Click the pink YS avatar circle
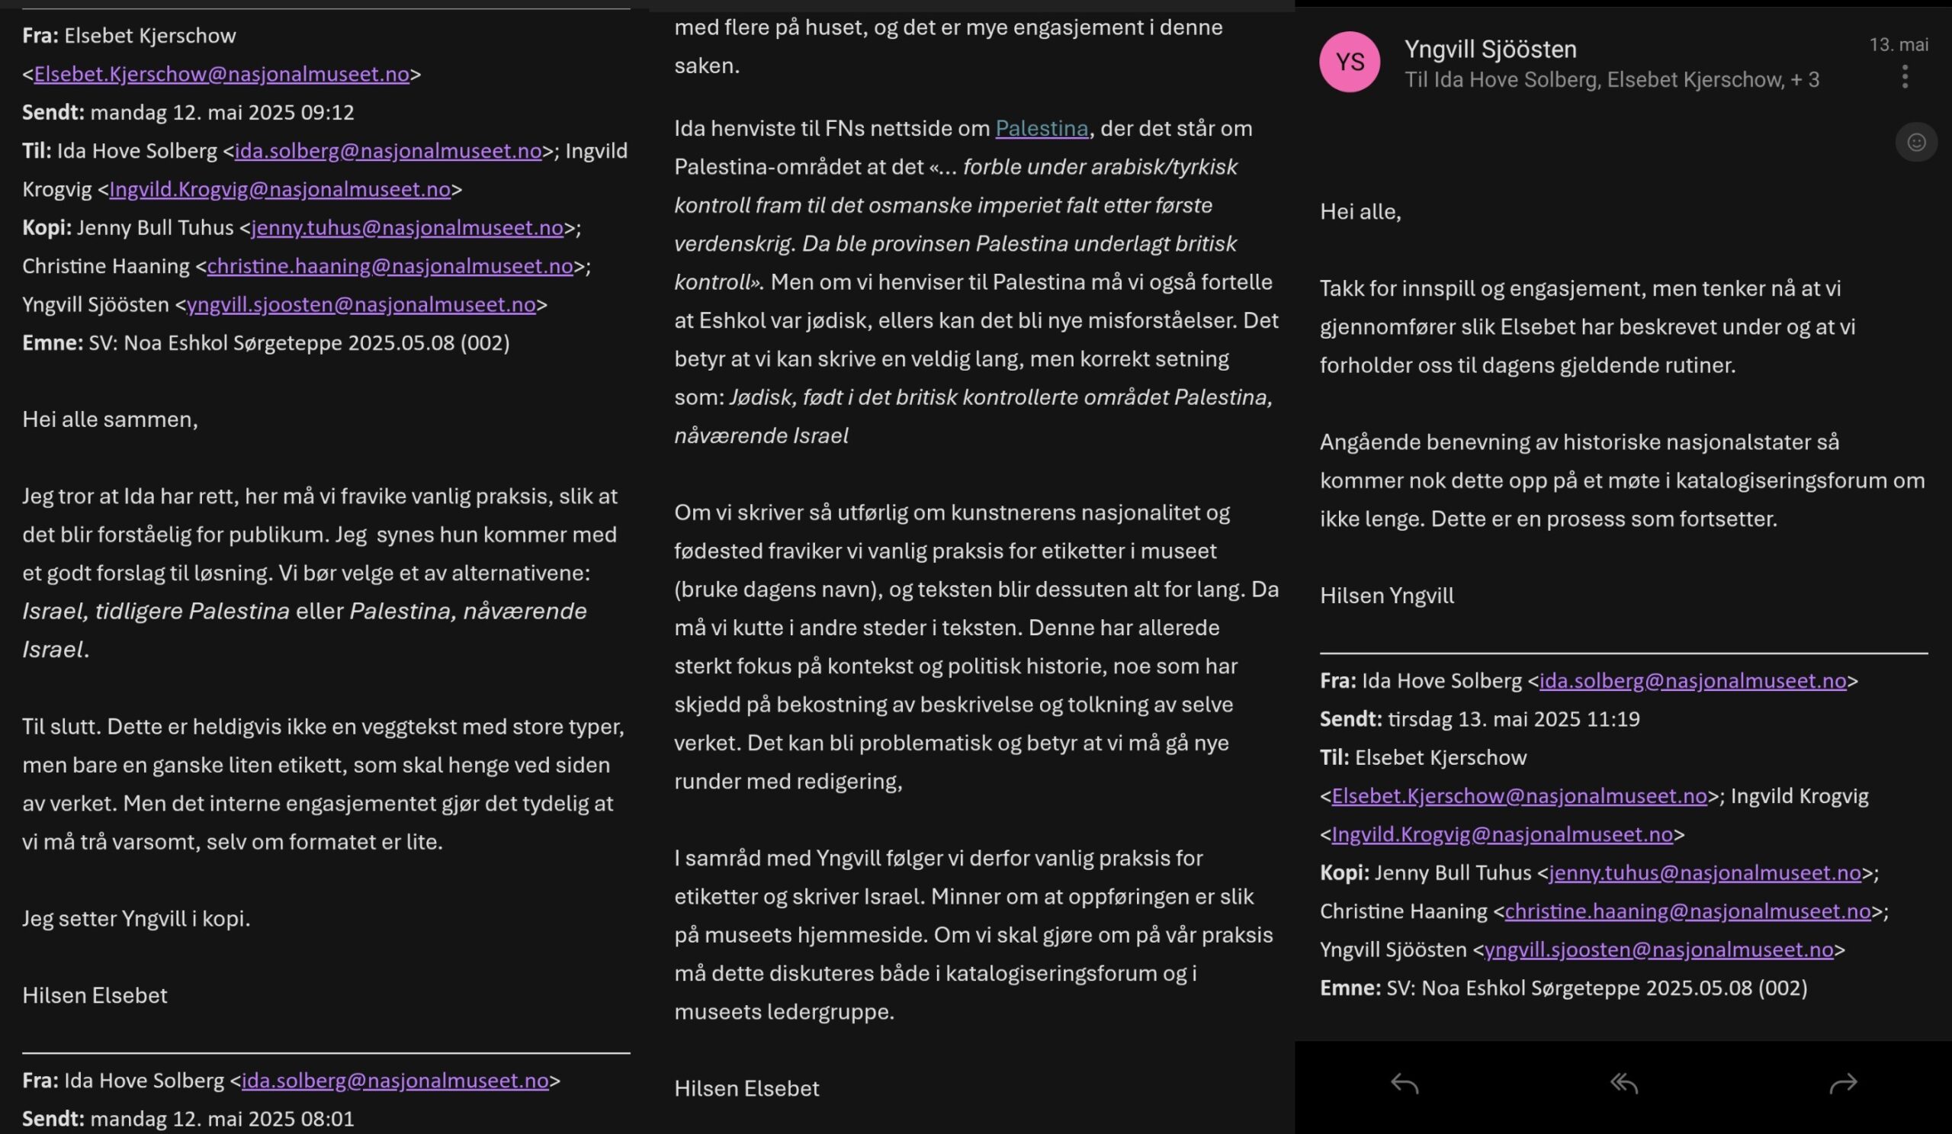pyautogui.click(x=1350, y=62)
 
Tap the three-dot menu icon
pyautogui.click(x=1905, y=77)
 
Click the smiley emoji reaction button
pyautogui.click(x=1915, y=143)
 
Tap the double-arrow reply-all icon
pyautogui.click(x=1623, y=1084)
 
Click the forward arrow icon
pyautogui.click(x=1843, y=1084)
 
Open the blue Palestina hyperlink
pyautogui.click(x=1041, y=129)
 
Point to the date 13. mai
pyautogui.click(x=1898, y=45)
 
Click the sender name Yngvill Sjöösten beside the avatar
pyautogui.click(x=1491, y=49)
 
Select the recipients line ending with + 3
pyautogui.click(x=1611, y=80)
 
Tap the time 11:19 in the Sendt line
pyautogui.click(x=1613, y=719)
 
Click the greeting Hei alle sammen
pyautogui.click(x=110, y=419)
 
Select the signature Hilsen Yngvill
pyautogui.click(x=1386, y=596)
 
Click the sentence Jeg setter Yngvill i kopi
pyautogui.click(x=136, y=919)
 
